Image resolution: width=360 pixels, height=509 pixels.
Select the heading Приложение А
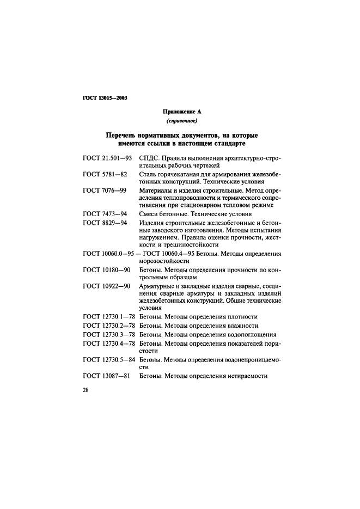(180, 112)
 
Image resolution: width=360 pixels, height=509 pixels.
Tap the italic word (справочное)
(180, 121)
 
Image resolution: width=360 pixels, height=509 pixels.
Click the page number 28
(86, 395)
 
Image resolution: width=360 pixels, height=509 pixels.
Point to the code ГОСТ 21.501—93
(108, 158)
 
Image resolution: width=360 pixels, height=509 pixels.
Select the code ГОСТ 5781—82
(105, 174)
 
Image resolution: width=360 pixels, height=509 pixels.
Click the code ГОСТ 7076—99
(105, 191)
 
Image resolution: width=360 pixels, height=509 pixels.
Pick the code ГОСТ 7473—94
(105, 214)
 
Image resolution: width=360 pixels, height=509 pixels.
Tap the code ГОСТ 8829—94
(105, 223)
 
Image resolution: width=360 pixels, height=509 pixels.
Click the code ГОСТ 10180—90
(107, 270)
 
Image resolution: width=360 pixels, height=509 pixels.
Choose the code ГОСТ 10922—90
(107, 286)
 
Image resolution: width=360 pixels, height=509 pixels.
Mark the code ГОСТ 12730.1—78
(109, 317)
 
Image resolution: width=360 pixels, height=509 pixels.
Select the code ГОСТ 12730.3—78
(109, 334)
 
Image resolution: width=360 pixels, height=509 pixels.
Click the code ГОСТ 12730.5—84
(109, 360)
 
